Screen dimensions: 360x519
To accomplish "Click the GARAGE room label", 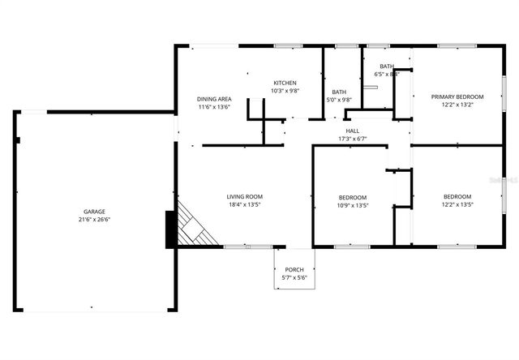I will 93,211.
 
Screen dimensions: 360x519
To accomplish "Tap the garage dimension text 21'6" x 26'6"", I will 93,219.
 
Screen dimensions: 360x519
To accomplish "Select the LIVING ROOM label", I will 244,196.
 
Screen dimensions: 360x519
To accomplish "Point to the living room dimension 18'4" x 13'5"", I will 244,204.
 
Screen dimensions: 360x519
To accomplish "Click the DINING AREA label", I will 215,99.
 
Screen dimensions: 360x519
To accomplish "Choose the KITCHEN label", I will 285,83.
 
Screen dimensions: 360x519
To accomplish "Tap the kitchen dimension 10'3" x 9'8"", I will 285,91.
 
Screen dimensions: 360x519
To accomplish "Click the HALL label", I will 353,131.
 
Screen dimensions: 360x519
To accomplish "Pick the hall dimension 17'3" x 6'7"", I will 353,139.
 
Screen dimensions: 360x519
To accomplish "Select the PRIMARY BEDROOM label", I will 457,96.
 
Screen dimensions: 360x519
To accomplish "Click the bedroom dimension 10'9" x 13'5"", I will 353,206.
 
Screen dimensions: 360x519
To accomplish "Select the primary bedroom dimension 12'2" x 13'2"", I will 457,105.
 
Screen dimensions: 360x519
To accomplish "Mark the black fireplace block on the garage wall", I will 170,229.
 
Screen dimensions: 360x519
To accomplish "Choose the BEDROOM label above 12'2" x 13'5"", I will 457,197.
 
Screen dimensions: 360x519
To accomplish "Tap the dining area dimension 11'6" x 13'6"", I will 215,107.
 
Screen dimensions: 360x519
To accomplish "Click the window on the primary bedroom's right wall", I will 504,96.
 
